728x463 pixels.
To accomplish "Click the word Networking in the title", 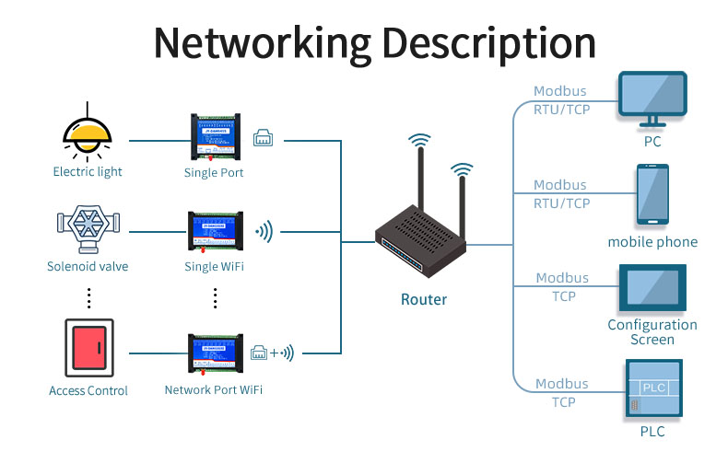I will coord(262,43).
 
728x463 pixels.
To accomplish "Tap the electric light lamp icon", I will coord(87,137).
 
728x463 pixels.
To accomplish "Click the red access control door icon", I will coord(88,348).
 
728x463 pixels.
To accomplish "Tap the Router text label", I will coord(424,299).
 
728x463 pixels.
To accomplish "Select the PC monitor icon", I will coord(652,100).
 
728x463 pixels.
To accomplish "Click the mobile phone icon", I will coord(652,195).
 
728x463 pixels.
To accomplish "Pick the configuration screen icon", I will coord(652,287).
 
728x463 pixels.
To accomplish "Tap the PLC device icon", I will coord(652,389).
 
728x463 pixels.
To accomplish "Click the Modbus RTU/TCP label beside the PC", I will coord(561,100).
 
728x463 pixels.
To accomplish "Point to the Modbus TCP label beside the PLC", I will coord(562,393).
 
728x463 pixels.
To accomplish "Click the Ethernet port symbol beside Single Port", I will coord(263,137).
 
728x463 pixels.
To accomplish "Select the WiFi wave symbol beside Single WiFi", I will coord(264,232).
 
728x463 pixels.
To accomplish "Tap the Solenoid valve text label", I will coord(88,267).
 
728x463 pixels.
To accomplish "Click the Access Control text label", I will coord(88,390).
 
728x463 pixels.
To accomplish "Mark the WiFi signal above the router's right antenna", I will coord(462,171).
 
